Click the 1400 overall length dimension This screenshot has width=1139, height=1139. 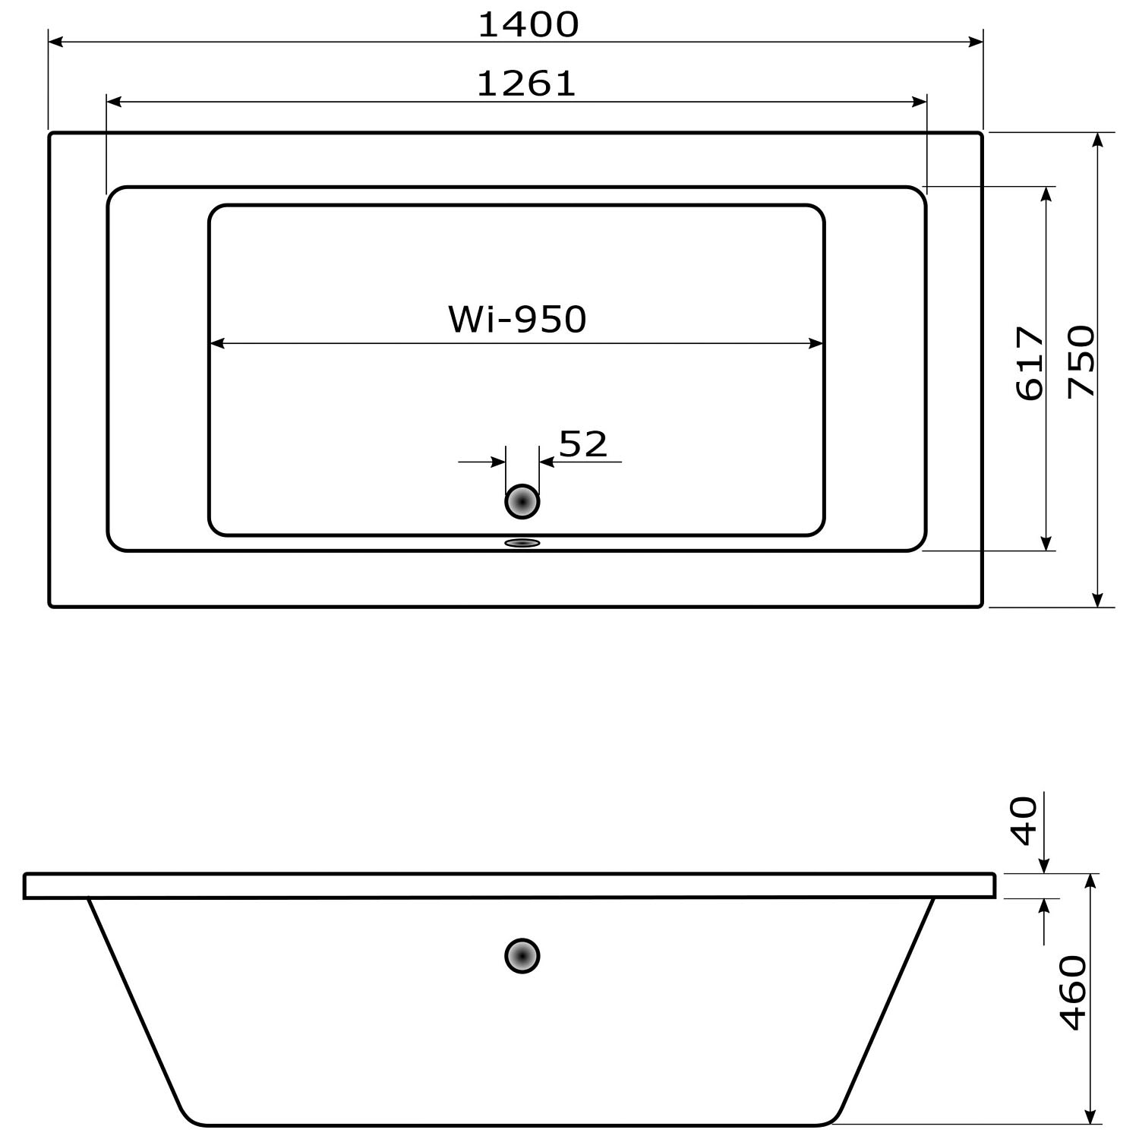[528, 24]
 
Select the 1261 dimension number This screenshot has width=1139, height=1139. [527, 84]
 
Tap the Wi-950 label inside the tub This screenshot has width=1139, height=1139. [517, 319]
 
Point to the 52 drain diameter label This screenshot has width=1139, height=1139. [583, 444]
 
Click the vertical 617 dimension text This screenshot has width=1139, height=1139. [1030, 363]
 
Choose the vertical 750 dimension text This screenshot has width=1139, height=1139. [1082, 361]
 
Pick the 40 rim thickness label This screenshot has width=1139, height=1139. [1024, 821]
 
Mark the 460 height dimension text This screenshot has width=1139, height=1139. [1073, 992]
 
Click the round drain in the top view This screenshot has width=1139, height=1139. [522, 501]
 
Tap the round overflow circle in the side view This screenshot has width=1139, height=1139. [522, 956]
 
